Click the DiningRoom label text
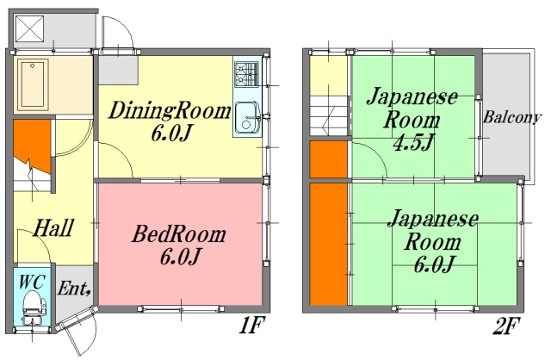tap(170, 111)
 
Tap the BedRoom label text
tap(178, 233)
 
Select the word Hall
tap(53, 229)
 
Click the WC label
tap(31, 281)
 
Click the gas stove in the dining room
tap(245, 73)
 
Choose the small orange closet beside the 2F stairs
tap(328, 159)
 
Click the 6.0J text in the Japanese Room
tap(433, 264)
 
